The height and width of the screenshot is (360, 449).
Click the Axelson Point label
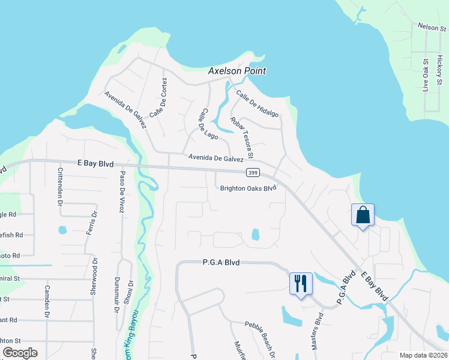237,71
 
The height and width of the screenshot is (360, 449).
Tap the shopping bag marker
363,215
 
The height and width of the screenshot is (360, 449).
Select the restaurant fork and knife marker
301,283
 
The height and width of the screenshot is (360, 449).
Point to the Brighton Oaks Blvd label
248,188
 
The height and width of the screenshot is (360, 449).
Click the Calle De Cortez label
158,99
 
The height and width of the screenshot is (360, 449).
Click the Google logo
20,353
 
